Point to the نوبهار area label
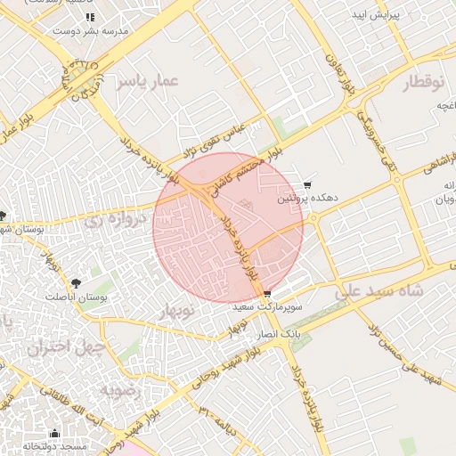click(x=175, y=312)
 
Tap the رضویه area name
click(x=117, y=390)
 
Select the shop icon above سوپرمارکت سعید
click(x=266, y=294)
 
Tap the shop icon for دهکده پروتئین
click(x=307, y=185)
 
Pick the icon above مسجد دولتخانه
click(x=54, y=434)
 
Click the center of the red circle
click(x=228, y=228)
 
